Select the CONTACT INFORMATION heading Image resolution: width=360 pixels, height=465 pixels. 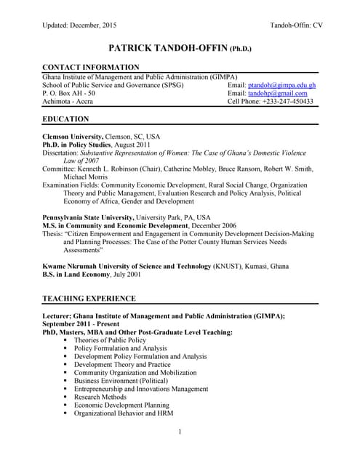(x=91, y=68)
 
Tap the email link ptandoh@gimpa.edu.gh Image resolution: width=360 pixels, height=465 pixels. (x=282, y=85)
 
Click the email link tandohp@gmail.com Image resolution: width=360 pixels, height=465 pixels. (x=278, y=93)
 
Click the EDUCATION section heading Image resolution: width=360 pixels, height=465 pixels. (x=66, y=118)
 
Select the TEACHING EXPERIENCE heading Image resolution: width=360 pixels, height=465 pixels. (x=89, y=298)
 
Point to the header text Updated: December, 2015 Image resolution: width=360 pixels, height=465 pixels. (x=80, y=25)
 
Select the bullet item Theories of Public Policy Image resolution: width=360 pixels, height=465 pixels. (x=110, y=340)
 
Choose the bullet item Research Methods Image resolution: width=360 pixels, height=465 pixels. (x=100, y=397)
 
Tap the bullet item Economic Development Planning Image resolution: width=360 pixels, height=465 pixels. (x=121, y=405)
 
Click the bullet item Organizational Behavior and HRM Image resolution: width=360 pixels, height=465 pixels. (x=125, y=413)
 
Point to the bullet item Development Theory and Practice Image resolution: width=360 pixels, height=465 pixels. (x=122, y=365)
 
